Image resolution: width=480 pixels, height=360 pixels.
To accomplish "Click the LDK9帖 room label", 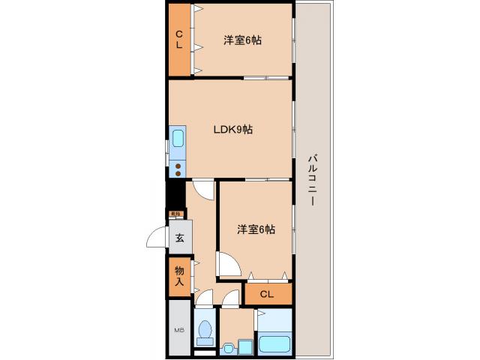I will point(232,130).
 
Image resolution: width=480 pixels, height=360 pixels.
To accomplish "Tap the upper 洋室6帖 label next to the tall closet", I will point(242,40).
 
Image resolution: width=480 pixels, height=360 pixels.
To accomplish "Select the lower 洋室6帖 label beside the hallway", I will point(256,229).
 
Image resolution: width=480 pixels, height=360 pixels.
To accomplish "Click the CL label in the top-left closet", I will point(180,39).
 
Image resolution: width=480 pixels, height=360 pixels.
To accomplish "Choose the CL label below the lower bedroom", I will point(266,294).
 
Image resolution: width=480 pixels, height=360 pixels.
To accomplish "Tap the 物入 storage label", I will point(180,276).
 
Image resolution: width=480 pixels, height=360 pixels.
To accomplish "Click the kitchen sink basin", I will point(178,139).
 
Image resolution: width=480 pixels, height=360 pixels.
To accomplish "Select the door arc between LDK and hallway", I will point(203,189).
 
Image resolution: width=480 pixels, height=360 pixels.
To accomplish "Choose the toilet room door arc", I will point(204,298).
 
